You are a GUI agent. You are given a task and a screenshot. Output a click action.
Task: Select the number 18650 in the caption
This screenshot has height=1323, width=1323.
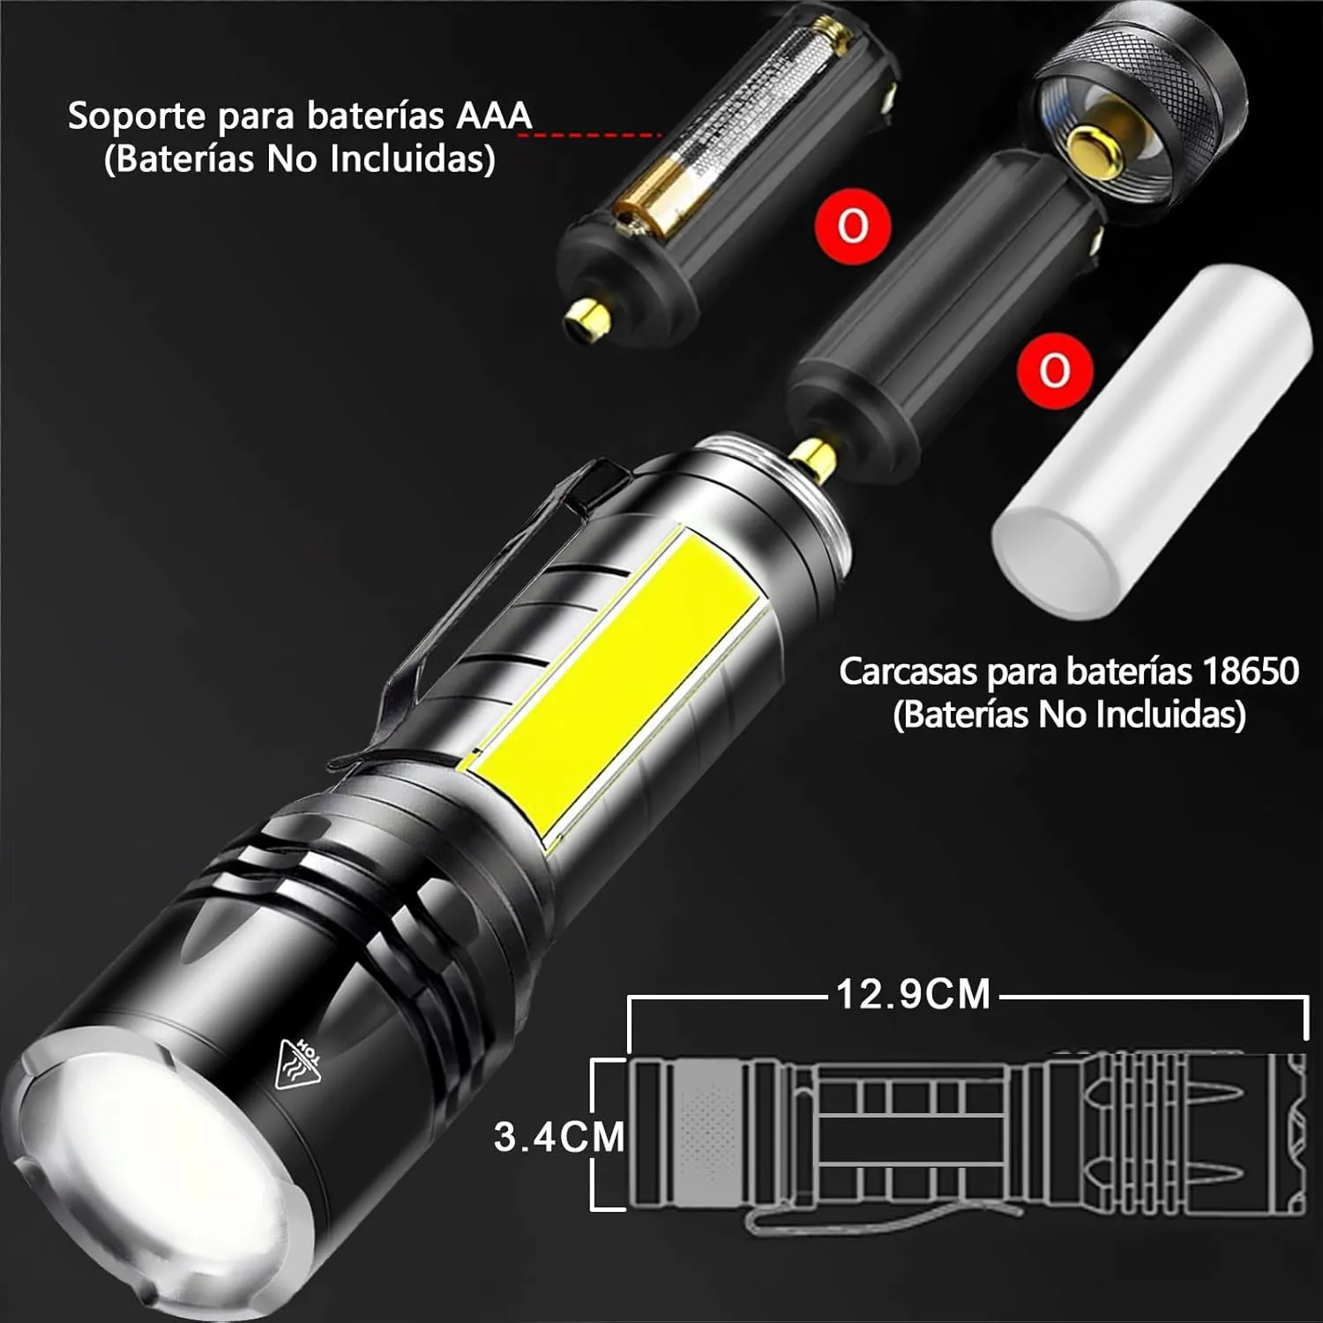coord(1250,672)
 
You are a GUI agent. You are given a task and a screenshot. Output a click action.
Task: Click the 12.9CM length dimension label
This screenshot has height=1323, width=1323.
coord(914,994)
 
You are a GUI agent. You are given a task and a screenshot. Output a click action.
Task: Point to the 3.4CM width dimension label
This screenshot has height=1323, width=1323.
coord(560,1137)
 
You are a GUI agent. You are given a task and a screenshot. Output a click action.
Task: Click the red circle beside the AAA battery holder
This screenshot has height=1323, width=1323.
coord(853,226)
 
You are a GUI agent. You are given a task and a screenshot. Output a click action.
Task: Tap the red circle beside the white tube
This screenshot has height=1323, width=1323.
coord(1055,370)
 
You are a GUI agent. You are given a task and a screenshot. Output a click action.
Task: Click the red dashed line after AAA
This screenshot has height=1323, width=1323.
coord(598,135)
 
